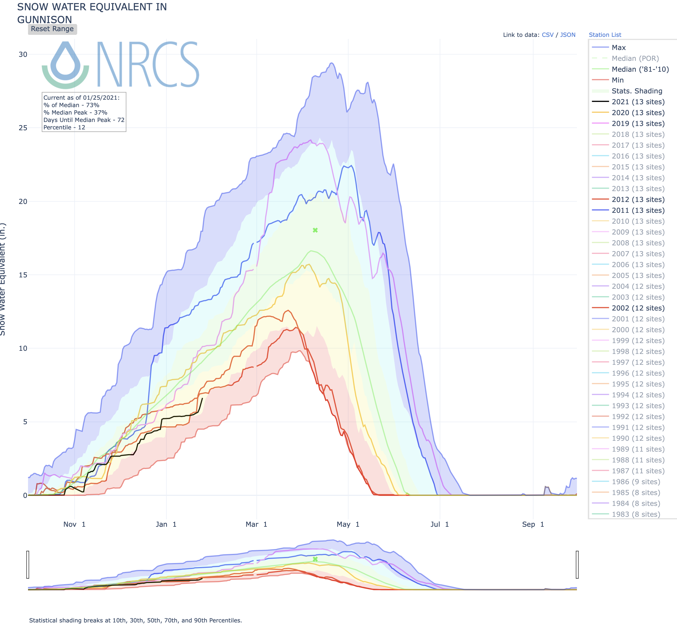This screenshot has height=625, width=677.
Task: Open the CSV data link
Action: click(x=547, y=35)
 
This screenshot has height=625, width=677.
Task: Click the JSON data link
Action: click(x=568, y=35)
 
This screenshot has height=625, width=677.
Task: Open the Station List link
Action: click(x=605, y=35)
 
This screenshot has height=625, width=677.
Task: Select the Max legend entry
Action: click(x=618, y=48)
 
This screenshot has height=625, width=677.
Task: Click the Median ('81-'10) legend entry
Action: click(x=640, y=69)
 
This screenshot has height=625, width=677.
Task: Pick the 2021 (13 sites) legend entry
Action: click(x=638, y=102)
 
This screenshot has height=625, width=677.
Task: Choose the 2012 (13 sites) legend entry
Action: click(x=638, y=200)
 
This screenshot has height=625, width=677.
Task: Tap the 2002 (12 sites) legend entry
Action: click(x=638, y=308)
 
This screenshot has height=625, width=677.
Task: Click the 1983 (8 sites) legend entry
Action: click(x=636, y=514)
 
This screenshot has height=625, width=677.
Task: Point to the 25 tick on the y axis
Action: click(x=23, y=128)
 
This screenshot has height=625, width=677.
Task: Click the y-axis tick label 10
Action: click(x=23, y=348)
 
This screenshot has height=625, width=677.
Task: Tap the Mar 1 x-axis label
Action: click(x=256, y=524)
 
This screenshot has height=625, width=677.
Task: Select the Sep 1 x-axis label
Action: click(x=533, y=524)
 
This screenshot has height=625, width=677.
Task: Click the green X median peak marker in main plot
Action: click(x=315, y=230)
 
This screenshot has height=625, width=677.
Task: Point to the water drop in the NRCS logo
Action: click(x=66, y=61)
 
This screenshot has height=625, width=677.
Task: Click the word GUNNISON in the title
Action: click(x=45, y=20)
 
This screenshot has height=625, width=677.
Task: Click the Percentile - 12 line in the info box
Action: click(x=64, y=127)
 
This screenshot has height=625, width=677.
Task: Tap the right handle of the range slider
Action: click(x=577, y=564)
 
